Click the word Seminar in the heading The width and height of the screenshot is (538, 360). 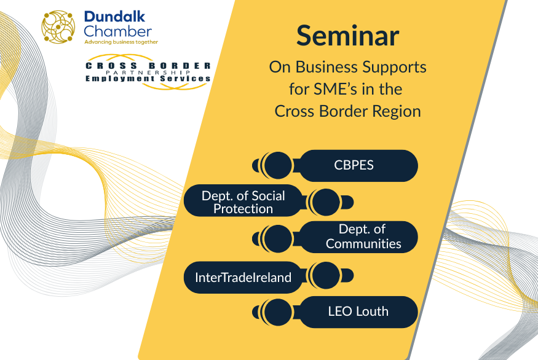tap(347, 36)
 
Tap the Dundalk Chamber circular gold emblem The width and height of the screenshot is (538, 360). tap(58, 27)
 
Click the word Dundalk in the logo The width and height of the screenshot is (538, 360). tap(114, 17)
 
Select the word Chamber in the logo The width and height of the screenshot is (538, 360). tap(117, 31)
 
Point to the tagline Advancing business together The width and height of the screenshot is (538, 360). tap(121, 42)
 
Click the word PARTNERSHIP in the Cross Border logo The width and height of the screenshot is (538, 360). tap(148, 72)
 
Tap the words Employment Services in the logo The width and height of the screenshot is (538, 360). tap(148, 79)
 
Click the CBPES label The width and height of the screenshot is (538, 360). tap(354, 165)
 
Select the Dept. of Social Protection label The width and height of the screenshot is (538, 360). tap(243, 202)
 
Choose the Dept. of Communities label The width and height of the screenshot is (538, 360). tap(363, 237)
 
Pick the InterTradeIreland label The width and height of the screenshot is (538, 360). tap(243, 277)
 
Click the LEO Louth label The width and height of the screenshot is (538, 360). tap(358, 311)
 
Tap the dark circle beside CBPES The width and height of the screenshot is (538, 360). tap(278, 165)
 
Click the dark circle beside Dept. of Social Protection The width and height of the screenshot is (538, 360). tap(326, 202)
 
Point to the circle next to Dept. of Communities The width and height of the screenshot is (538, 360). tap(278, 238)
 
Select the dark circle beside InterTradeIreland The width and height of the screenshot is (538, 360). tap(326, 275)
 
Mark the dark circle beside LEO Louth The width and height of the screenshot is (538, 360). tap(278, 312)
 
